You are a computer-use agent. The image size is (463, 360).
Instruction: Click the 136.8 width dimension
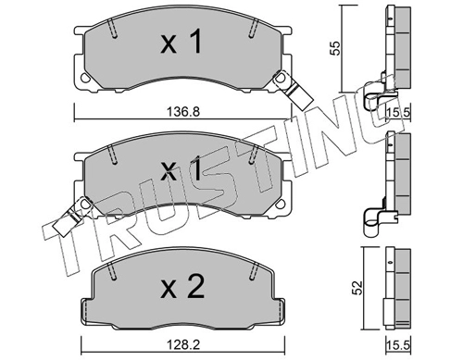click(x=183, y=111)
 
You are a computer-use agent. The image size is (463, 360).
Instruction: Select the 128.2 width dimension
click(x=183, y=345)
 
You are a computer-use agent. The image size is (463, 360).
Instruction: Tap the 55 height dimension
click(x=335, y=48)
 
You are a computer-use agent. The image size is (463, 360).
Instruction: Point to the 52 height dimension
click(x=357, y=288)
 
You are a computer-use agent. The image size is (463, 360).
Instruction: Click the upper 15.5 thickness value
click(x=398, y=112)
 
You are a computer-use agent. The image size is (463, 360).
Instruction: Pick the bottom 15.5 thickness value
click(x=398, y=345)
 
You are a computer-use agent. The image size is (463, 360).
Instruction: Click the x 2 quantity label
click(x=182, y=287)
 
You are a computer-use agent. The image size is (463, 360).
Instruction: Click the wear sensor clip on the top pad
click(x=294, y=89)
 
